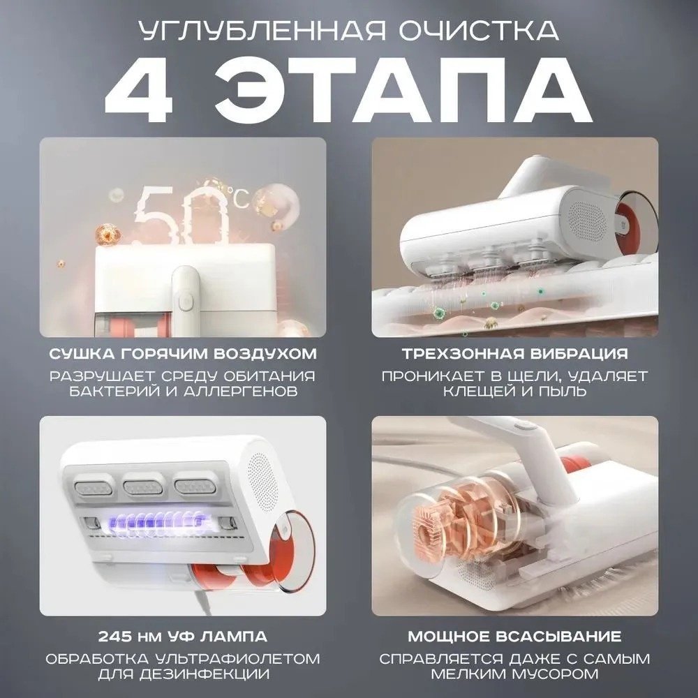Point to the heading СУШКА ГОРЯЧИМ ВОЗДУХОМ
183,353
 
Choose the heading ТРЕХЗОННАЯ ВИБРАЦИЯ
515,353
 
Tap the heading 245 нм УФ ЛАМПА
182,636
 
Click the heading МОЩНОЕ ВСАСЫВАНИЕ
515,636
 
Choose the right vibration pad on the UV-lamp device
194,488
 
